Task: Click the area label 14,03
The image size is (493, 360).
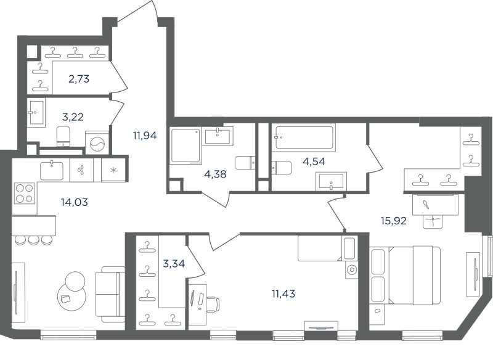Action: point(74,202)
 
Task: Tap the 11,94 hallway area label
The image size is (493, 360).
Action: point(145,136)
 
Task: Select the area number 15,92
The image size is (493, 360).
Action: point(394,221)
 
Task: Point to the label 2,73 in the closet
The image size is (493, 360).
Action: point(79,79)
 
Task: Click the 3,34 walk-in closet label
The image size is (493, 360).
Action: point(174,263)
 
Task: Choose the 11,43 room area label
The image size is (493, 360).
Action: point(283,294)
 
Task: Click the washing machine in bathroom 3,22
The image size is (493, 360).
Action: point(97,143)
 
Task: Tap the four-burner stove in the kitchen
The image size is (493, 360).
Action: point(25,194)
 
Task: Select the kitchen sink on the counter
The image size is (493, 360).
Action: point(52,170)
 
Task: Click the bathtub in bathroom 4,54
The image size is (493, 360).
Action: point(304,137)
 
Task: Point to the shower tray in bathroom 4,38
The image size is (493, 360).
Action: point(186,146)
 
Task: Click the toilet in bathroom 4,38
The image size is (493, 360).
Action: point(245,163)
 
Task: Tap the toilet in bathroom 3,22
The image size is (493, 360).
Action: point(63,136)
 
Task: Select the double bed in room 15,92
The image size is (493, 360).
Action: point(405,276)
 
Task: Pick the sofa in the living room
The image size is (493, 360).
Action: point(110,294)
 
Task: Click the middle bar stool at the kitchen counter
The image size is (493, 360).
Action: point(33,240)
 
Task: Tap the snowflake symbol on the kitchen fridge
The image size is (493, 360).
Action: point(113,170)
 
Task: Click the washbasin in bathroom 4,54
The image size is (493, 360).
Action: point(332,182)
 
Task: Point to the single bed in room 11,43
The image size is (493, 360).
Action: point(327,248)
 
